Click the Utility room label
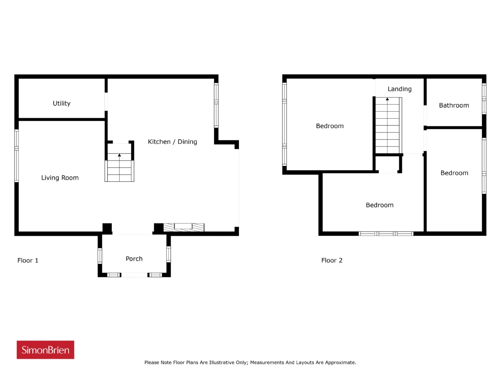[x=61, y=104]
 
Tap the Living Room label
[x=60, y=178]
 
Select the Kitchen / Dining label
[x=172, y=142]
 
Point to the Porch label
[x=134, y=259]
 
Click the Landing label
[x=400, y=89]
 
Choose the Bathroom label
[x=454, y=105]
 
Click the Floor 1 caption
[x=28, y=261]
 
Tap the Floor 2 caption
[x=332, y=261]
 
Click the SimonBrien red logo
[x=45, y=350]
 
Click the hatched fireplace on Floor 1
[x=184, y=227]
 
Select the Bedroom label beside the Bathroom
[x=454, y=173]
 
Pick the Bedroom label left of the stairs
[x=330, y=126]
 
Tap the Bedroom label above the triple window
[x=380, y=205]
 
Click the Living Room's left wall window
[x=16, y=156]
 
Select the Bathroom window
[x=484, y=98]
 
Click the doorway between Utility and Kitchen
[x=106, y=102]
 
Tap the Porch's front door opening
[x=134, y=275]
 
